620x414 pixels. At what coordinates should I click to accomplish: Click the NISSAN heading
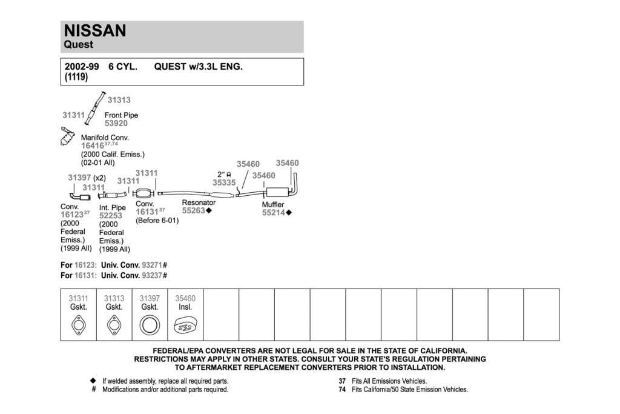point(95,30)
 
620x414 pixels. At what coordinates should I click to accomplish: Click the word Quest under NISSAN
point(78,44)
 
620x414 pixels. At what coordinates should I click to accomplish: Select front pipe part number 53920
point(116,124)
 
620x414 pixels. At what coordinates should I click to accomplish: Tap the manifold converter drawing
point(67,136)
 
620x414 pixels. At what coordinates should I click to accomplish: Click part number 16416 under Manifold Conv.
point(93,145)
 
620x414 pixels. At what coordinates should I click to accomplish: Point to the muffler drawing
point(277,192)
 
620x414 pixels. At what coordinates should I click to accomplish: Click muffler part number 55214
point(274,213)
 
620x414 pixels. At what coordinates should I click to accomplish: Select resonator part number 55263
point(194,210)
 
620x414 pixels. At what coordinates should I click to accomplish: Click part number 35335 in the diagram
point(224,182)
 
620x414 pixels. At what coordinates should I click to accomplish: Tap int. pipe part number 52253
point(111,216)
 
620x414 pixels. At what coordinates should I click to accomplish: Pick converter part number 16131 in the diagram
point(147,212)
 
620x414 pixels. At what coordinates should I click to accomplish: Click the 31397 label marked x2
point(79,178)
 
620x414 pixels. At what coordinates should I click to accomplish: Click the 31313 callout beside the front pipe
point(119,100)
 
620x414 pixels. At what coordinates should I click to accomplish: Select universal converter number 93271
point(152,265)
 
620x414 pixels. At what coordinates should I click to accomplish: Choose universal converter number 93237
point(152,275)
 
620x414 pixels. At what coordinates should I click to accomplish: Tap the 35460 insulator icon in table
point(185,326)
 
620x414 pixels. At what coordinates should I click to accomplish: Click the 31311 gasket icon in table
point(78,326)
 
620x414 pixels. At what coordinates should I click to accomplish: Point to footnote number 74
point(342,390)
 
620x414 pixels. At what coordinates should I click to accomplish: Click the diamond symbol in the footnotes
point(93,381)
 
